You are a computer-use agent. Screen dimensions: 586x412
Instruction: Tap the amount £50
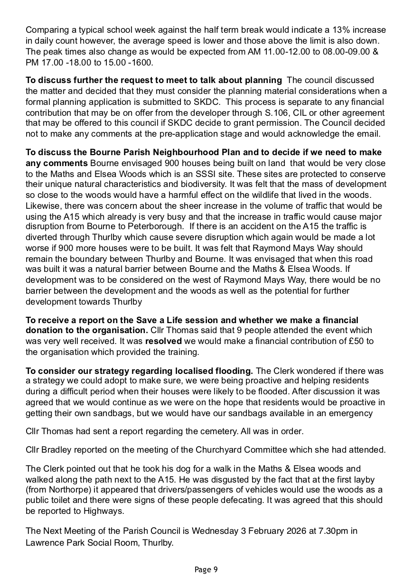(x=357, y=341)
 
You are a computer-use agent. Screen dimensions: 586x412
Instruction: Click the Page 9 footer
(x=206, y=570)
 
